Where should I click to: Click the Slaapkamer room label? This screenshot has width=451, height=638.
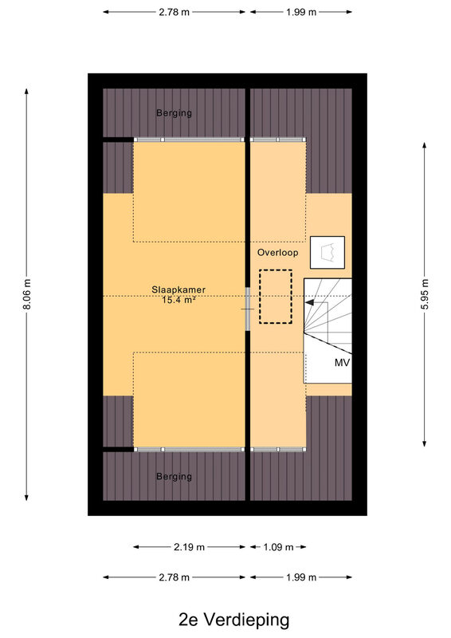(178, 290)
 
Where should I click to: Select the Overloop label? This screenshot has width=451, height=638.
(278, 253)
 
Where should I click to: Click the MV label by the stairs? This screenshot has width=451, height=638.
(342, 363)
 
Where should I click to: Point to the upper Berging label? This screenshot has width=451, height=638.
(174, 113)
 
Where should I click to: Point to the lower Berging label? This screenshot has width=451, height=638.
(174, 476)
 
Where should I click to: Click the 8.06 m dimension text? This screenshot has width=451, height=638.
(27, 294)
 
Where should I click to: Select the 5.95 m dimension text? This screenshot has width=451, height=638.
(425, 294)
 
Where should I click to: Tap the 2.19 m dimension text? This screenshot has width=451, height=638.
(189, 547)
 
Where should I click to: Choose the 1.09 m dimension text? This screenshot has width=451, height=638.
(278, 547)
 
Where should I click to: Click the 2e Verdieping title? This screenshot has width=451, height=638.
(233, 620)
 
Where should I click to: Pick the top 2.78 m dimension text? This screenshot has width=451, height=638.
(174, 12)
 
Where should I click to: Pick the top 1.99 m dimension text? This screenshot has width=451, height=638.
(301, 12)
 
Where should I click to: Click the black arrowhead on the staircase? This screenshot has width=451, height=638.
(309, 303)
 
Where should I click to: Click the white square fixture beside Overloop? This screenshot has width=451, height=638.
(327, 252)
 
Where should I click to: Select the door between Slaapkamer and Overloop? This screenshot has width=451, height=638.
(248, 309)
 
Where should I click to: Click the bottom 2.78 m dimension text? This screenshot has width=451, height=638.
(174, 577)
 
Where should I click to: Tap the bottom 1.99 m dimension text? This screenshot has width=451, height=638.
(301, 577)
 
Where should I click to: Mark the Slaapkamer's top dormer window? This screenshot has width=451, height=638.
(189, 140)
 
